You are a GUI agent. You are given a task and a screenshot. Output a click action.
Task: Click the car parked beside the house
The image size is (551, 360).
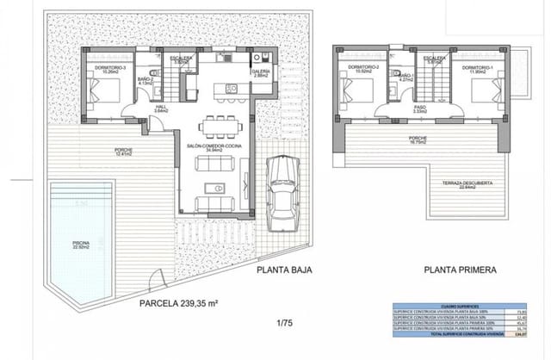pos(283,190)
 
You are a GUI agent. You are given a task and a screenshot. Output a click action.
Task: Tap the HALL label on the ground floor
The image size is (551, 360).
pos(160,109)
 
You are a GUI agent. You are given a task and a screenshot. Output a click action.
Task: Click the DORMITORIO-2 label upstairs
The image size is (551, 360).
pos(357,68)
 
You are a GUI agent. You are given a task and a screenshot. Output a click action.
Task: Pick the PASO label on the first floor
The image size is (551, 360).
pos(420,109)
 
